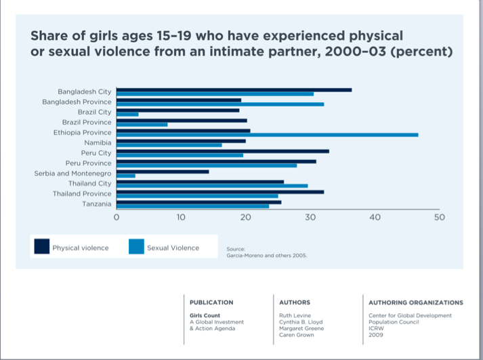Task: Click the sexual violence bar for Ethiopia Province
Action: click(267, 135)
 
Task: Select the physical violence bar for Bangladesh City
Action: click(234, 89)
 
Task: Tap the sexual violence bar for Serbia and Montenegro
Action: click(126, 176)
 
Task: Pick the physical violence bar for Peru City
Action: click(222, 151)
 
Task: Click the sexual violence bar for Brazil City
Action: click(127, 115)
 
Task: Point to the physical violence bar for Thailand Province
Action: click(219, 192)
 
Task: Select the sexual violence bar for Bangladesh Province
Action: click(219, 104)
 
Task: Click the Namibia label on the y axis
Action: click(98, 143)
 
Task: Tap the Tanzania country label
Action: click(96, 204)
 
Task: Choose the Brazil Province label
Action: click(87, 122)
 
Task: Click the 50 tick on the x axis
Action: click(439, 218)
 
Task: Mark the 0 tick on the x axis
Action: click(117, 218)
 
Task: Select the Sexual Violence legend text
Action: click(173, 248)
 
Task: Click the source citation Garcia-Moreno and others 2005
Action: click(267, 256)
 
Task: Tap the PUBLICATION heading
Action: click(211, 302)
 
